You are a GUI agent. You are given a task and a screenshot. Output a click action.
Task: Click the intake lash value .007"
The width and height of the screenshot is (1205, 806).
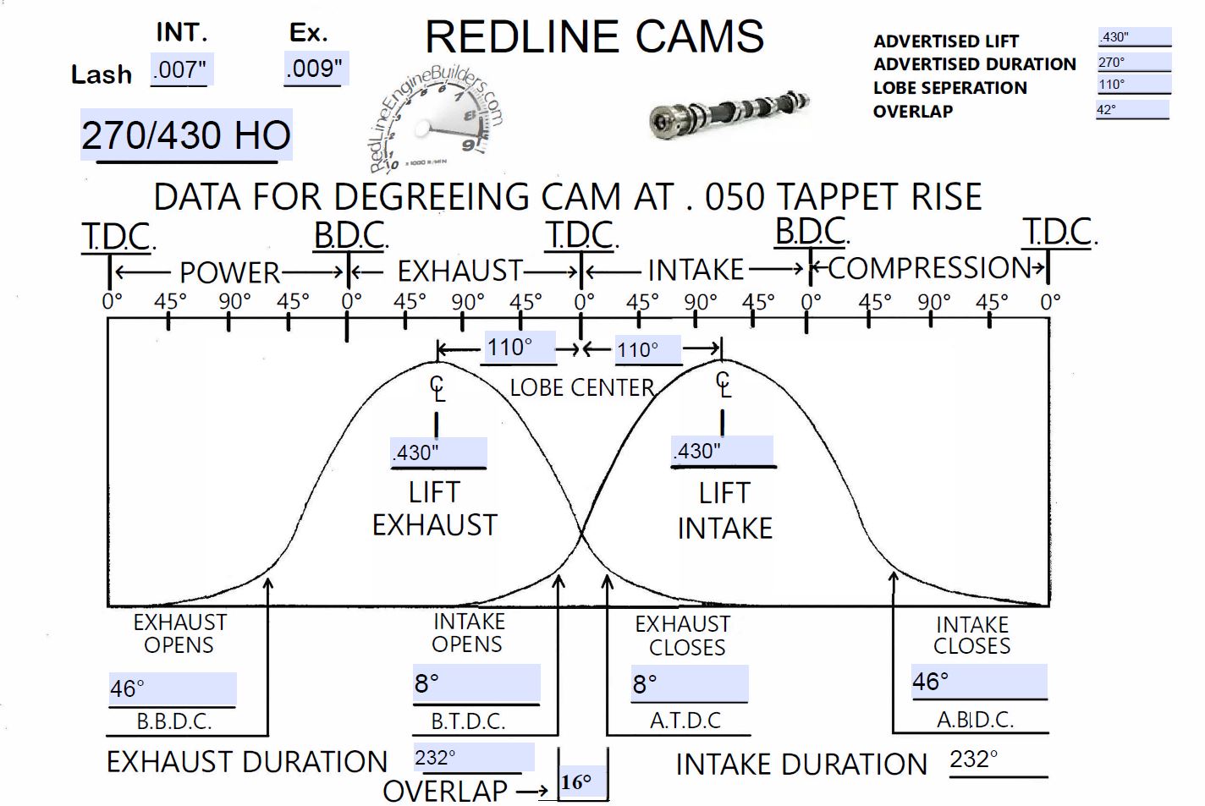[x=180, y=69]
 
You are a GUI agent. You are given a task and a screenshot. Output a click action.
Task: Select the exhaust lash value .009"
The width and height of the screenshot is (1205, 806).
[x=315, y=68]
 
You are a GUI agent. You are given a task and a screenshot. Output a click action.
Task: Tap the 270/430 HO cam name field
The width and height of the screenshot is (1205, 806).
[x=186, y=135]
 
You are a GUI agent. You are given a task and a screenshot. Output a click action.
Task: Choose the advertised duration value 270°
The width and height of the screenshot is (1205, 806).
[x=1133, y=63]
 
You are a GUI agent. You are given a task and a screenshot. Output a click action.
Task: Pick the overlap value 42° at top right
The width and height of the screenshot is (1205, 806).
[x=1131, y=109]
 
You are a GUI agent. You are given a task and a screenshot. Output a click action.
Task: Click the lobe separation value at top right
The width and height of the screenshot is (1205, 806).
[x=1133, y=85]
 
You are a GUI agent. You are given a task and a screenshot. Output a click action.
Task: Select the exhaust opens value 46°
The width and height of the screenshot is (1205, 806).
[x=172, y=688]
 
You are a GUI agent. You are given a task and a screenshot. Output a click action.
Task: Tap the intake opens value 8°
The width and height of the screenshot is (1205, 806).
[x=476, y=683]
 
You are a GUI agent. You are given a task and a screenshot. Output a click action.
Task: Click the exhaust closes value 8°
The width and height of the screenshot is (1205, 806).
[x=689, y=683]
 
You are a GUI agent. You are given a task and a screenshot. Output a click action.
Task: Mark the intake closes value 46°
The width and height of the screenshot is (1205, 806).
[x=978, y=682]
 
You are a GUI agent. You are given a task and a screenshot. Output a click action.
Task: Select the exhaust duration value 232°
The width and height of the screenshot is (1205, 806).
[x=472, y=757]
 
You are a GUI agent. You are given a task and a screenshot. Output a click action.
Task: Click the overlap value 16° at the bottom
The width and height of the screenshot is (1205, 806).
[x=582, y=782]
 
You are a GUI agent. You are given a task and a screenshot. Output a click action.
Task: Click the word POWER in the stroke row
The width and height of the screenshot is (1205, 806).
[x=229, y=272]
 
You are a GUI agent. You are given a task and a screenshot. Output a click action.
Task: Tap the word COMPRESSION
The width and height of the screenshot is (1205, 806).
[x=928, y=268]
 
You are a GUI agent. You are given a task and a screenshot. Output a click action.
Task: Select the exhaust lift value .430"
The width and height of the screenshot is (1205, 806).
[x=437, y=452]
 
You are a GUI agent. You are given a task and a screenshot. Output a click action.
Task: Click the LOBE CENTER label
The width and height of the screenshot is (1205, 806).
[x=582, y=387]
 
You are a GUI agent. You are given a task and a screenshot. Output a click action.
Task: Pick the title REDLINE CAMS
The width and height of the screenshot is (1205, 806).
[x=594, y=37]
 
